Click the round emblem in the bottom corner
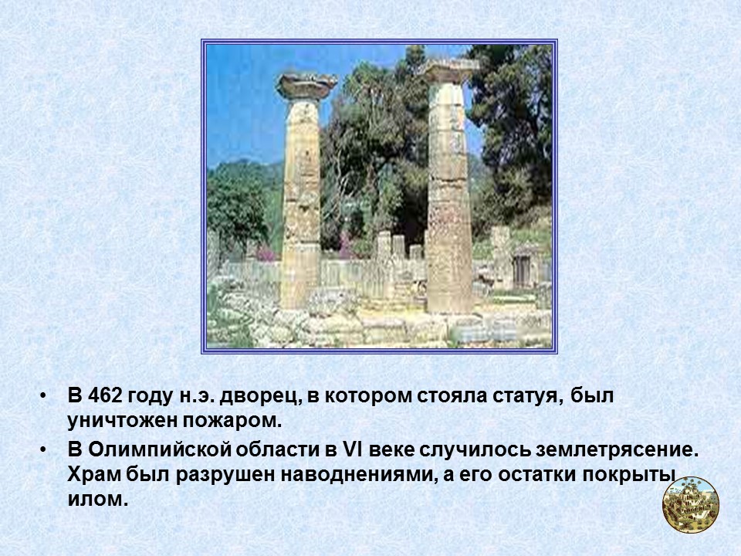(691, 504)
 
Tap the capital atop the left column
(306, 85)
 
